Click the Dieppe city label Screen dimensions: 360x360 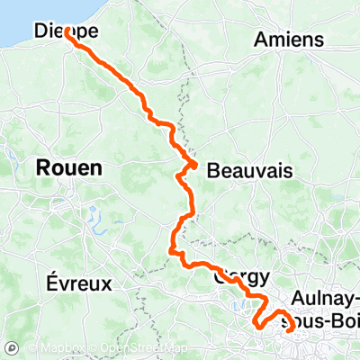[66, 31]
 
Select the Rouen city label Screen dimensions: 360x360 [69, 167]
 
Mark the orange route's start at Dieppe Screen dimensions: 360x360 [67, 31]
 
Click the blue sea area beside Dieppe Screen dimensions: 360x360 [18, 18]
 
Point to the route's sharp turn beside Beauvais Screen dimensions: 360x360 [194, 163]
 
